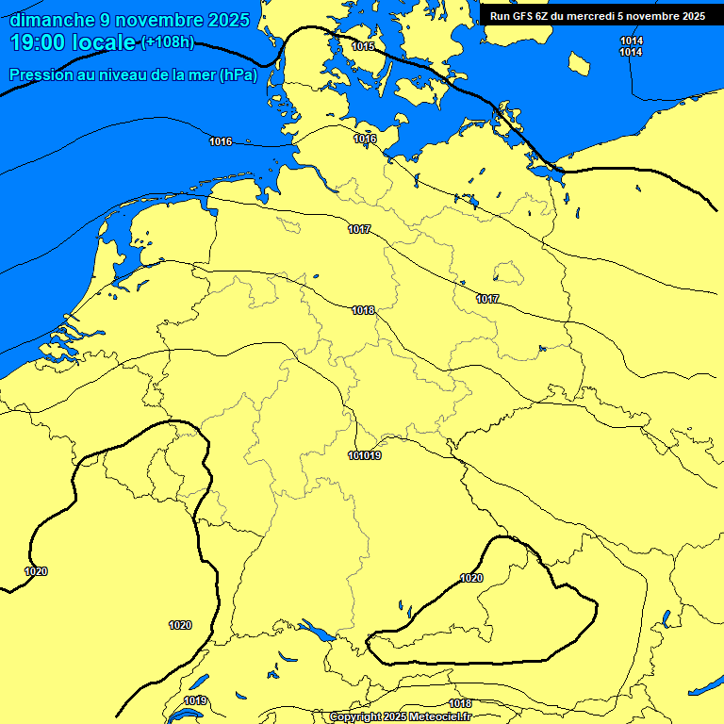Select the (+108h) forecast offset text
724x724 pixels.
(x=167, y=42)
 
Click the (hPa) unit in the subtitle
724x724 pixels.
(x=239, y=75)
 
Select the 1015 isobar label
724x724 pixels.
(x=363, y=46)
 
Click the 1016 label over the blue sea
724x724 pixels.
(x=221, y=141)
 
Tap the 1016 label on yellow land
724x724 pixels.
(x=366, y=140)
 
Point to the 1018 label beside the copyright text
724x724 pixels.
(x=460, y=703)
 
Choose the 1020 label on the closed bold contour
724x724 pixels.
(x=471, y=578)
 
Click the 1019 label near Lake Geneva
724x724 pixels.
(x=195, y=700)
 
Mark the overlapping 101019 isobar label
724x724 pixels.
(x=365, y=456)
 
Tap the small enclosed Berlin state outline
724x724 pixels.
(x=508, y=273)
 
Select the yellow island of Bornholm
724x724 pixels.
(x=579, y=64)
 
